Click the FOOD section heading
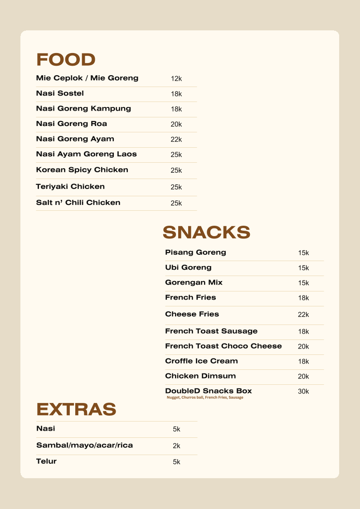pyautogui.click(x=66, y=60)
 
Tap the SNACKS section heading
pyautogui.click(x=206, y=232)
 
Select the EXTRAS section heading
pyautogui.click(x=76, y=409)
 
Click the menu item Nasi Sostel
pyautogui.click(x=60, y=93)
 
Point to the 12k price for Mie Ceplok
pyautogui.click(x=176, y=79)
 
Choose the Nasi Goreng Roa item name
pyautogui.click(x=71, y=124)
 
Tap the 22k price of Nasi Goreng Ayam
pyautogui.click(x=176, y=140)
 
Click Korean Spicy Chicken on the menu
pyautogui.click(x=82, y=170)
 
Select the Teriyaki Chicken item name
pyautogui.click(x=70, y=186)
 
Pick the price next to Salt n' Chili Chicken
pyautogui.click(x=176, y=203)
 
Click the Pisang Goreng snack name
pyautogui.click(x=195, y=252)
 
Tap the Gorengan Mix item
pyautogui.click(x=194, y=282)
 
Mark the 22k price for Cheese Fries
pyautogui.click(x=303, y=315)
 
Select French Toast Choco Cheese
pyautogui.click(x=223, y=346)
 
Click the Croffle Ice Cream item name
pyautogui.click(x=201, y=361)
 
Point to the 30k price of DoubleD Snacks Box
pyautogui.click(x=303, y=391)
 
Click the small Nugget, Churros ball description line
pyautogui.click(x=205, y=398)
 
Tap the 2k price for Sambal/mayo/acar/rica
pyautogui.click(x=176, y=446)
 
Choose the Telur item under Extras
pyautogui.click(x=46, y=461)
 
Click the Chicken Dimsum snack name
pyautogui.click(x=200, y=376)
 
